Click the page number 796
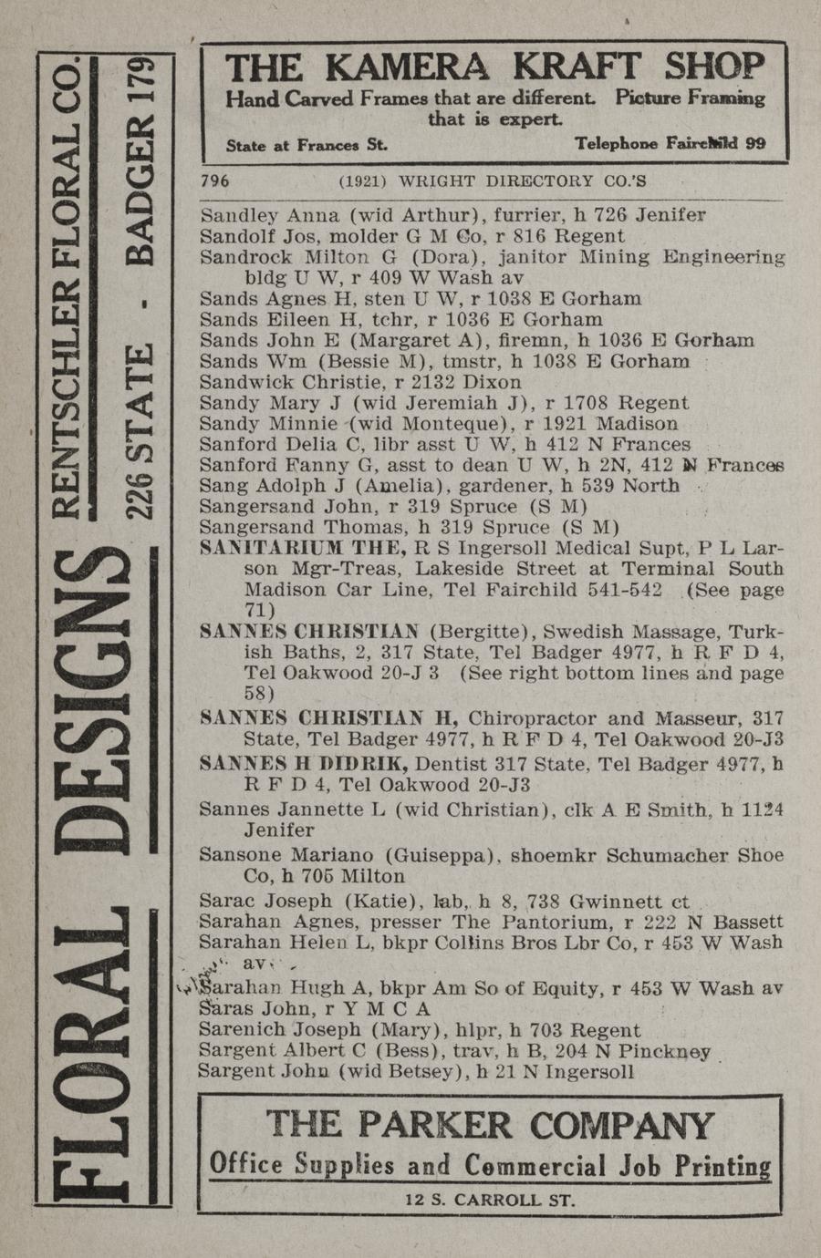214,180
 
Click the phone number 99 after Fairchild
753,143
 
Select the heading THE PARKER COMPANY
490,1125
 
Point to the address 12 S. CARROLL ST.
490,1200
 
